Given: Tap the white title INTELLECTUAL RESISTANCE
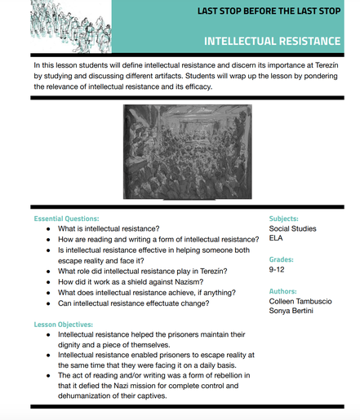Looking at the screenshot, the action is [272, 41].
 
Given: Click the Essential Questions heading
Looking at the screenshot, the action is [67, 219].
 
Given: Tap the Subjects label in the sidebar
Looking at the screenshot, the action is [283, 219].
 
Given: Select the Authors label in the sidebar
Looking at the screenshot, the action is [282, 291].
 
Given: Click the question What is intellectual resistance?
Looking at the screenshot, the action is [109, 229].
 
